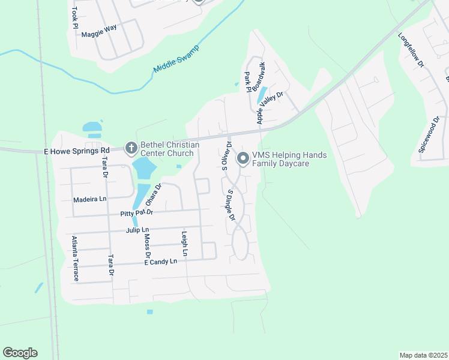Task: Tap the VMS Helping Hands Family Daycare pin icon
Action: click(243, 159)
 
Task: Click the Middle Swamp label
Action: click(175, 58)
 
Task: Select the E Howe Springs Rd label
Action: click(76, 151)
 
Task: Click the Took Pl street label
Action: click(74, 17)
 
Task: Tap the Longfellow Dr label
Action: click(411, 49)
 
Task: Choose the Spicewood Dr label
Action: click(429, 136)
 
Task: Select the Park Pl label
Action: click(247, 82)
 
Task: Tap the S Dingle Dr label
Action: click(231, 205)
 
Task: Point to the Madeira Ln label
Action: click(89, 199)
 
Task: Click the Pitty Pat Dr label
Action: click(136, 212)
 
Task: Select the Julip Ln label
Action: click(137, 230)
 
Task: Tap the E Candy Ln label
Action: click(160, 262)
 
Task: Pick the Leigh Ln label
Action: click(184, 244)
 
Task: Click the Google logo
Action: click(20, 353)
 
